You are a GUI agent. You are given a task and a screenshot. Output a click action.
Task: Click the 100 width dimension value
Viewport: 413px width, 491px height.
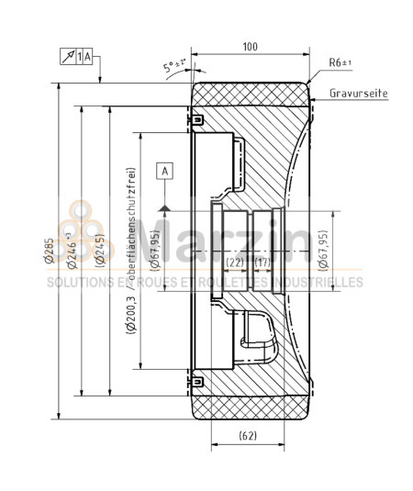click(249, 46)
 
